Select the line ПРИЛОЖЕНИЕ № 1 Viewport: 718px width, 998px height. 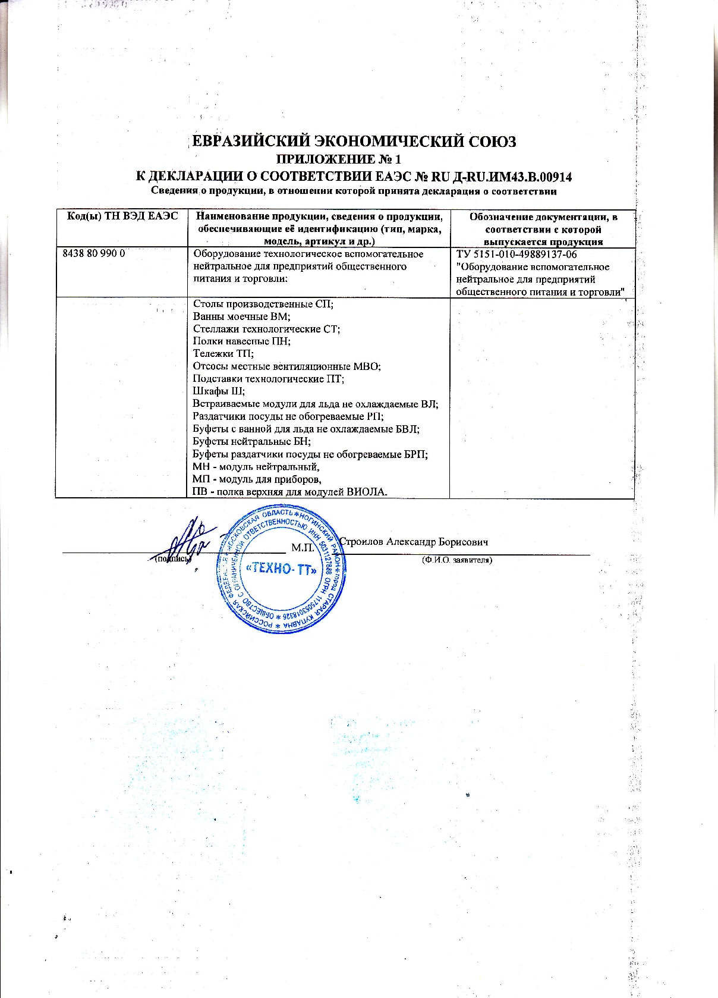[340, 159]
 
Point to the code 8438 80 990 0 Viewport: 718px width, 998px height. [93, 254]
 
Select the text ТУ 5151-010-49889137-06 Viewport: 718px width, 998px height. [517, 255]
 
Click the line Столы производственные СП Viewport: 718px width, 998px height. [263, 304]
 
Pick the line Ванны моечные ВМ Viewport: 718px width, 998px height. [241, 316]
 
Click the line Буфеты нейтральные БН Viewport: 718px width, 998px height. [251, 441]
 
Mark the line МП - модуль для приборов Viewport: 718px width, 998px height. [257, 479]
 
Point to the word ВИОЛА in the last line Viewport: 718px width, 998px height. [367, 492]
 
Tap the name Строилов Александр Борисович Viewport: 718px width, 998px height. [414, 542]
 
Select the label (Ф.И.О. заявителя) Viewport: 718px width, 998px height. [456, 560]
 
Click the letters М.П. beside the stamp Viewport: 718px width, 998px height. [303, 546]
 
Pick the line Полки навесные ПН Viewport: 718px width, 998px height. [241, 341]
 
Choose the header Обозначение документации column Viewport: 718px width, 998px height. [543, 229]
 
